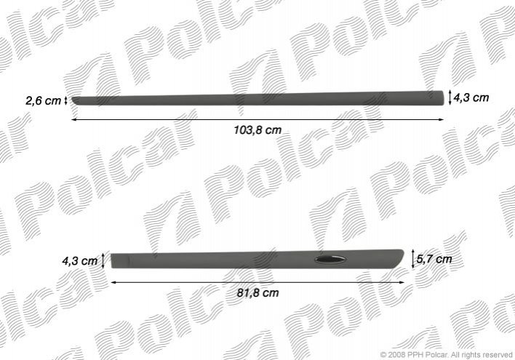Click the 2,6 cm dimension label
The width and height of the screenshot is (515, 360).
(44, 100)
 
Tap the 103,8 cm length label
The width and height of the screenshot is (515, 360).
(257, 130)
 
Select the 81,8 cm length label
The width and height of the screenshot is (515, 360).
(257, 292)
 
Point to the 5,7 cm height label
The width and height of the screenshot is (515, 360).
(434, 259)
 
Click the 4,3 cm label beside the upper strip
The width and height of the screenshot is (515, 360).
(471, 97)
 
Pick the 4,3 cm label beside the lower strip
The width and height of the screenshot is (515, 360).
(80, 261)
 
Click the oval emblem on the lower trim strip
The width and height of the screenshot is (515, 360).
(330, 260)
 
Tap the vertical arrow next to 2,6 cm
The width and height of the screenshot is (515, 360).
(66, 100)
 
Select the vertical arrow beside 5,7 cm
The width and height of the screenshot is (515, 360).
(413, 259)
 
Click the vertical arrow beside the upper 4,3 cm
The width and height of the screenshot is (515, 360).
(450, 98)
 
